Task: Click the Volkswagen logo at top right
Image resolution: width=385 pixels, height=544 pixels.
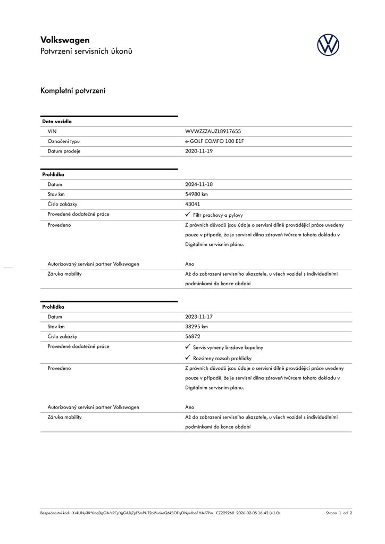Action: click(x=328, y=45)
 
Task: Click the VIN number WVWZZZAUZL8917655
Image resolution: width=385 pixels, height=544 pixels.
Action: click(x=213, y=131)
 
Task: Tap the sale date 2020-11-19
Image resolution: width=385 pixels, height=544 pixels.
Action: click(x=198, y=151)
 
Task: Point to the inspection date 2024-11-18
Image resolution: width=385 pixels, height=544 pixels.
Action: click(x=198, y=184)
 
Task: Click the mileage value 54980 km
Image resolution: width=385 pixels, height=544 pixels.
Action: click(x=196, y=194)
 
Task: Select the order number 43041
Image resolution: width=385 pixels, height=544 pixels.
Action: click(x=192, y=204)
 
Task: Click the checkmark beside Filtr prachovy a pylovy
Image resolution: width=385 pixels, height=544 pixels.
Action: click(x=188, y=214)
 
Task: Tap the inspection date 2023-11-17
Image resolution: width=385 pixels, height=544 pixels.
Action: click(x=198, y=317)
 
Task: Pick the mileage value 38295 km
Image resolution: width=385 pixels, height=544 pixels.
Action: click(x=196, y=327)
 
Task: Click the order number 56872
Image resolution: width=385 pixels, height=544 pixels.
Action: click(x=192, y=336)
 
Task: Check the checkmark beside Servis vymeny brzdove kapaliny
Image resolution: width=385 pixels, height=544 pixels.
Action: click(x=188, y=346)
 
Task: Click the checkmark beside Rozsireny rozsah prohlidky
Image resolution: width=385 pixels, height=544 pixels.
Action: click(x=188, y=358)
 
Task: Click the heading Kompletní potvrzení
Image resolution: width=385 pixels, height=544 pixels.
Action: click(x=73, y=91)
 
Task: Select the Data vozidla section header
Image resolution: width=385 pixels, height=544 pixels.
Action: click(x=57, y=122)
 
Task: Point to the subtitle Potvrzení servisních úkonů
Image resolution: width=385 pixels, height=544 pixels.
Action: click(x=86, y=52)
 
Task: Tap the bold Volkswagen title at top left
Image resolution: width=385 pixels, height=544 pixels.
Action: click(x=65, y=40)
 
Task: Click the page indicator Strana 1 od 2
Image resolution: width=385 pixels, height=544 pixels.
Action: click(x=339, y=513)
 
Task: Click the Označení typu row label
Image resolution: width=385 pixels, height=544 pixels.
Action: click(x=63, y=141)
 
